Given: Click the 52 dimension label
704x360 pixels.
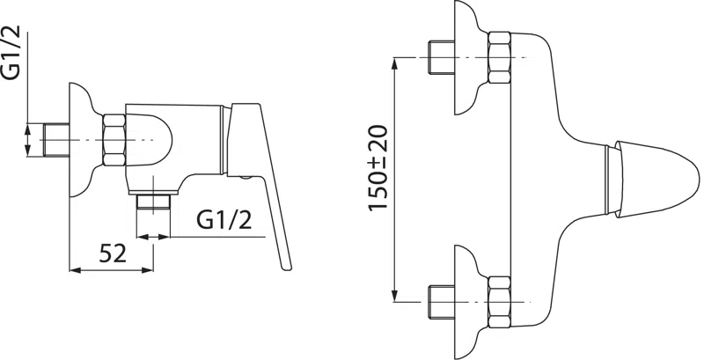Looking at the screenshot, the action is tap(113, 254).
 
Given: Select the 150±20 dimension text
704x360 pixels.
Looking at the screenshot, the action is tap(378, 167).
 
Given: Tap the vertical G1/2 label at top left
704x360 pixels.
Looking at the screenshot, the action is tap(12, 53).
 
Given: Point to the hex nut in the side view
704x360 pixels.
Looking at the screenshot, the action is tap(114, 140).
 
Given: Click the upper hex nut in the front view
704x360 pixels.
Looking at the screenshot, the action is tap(499, 57).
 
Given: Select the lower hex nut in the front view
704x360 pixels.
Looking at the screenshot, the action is tap(499, 302).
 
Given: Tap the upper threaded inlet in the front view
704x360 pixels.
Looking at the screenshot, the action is tap(442, 57).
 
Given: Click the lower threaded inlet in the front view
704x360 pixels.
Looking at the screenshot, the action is tap(442, 302).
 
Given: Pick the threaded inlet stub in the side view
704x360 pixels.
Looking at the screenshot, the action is tap(56, 140).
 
